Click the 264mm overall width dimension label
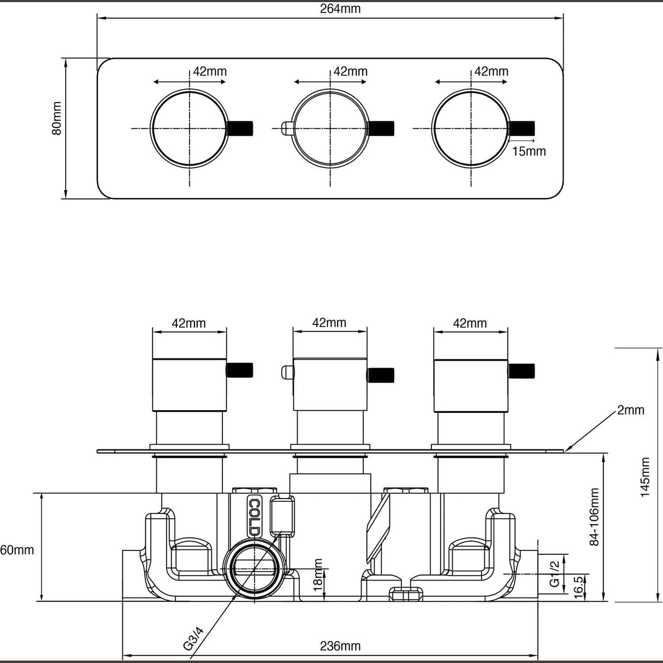click(340, 9)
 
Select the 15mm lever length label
click(529, 151)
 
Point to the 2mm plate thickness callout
click(630, 410)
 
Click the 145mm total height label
click(646, 477)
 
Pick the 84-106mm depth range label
click(595, 516)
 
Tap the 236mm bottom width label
click(340, 646)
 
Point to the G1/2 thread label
click(553, 574)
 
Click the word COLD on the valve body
click(254, 516)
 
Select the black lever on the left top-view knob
click(240, 128)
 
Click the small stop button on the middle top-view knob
click(286, 128)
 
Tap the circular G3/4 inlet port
click(253, 572)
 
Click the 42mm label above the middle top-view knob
click(351, 72)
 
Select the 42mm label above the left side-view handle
click(189, 323)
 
